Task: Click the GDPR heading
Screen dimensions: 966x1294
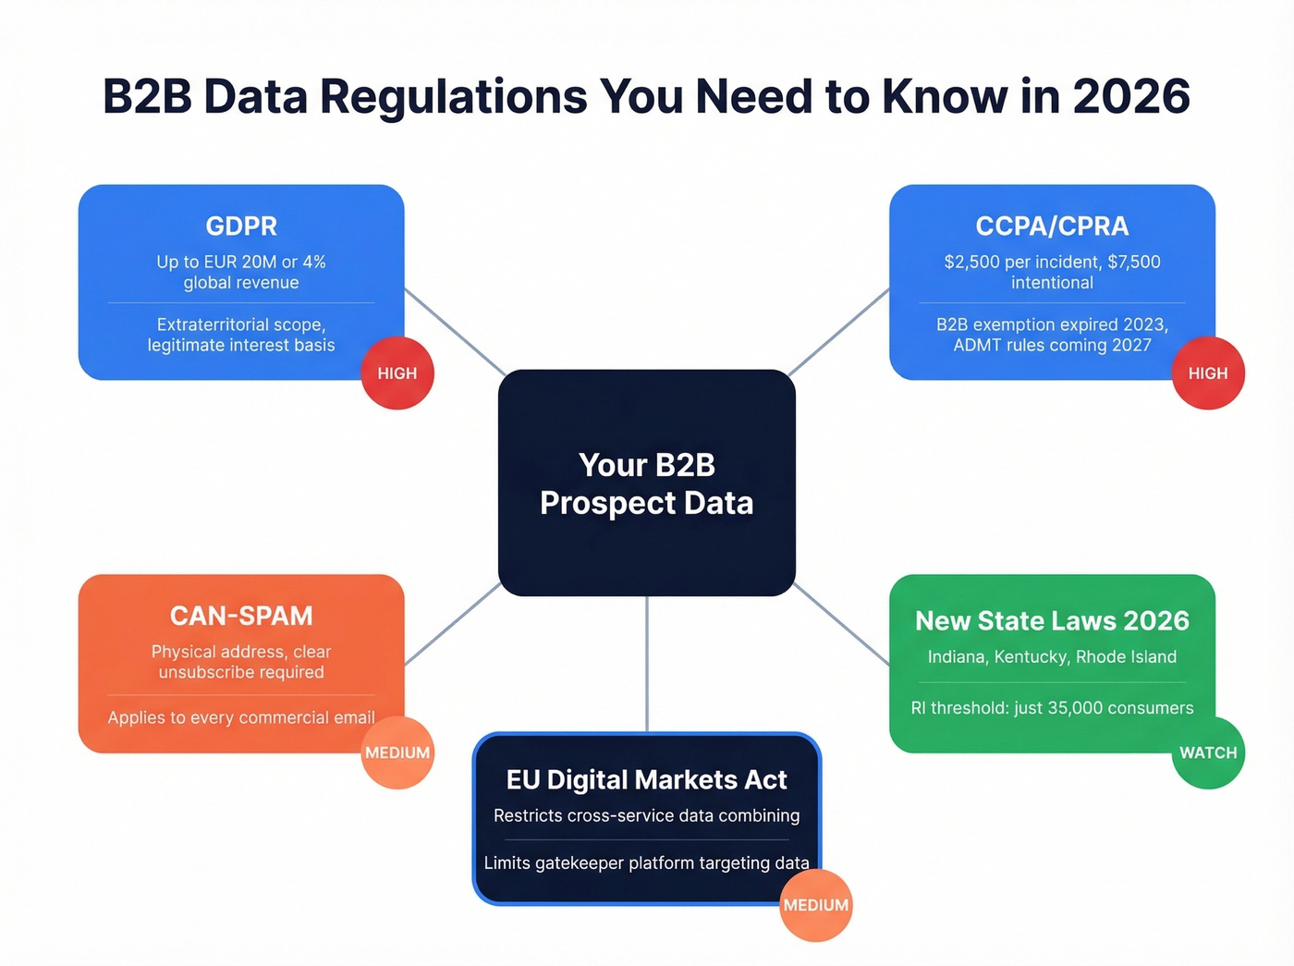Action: pos(241,226)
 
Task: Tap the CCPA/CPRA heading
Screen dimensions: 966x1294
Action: pos(1052,226)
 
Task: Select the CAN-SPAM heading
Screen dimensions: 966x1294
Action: pos(241,616)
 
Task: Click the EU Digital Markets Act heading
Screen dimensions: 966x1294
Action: pos(646,780)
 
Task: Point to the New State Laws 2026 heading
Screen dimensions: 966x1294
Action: pos(1052,621)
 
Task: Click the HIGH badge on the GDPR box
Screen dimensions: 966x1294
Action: pos(397,373)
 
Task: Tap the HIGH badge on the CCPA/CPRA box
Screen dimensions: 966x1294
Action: pos(1208,373)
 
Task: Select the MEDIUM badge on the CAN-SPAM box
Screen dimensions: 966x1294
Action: pos(397,752)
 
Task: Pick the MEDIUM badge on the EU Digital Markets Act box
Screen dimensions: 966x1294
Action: pos(815,905)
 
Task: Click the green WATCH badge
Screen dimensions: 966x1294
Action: pos(1208,752)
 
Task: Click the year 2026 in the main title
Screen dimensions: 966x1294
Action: pos(1131,97)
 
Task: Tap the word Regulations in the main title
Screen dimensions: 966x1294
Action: pos(453,97)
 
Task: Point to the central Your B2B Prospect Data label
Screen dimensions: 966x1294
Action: pos(646,483)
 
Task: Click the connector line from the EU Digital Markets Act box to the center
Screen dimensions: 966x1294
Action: pos(647,664)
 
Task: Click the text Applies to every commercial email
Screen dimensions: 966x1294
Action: pos(241,717)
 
